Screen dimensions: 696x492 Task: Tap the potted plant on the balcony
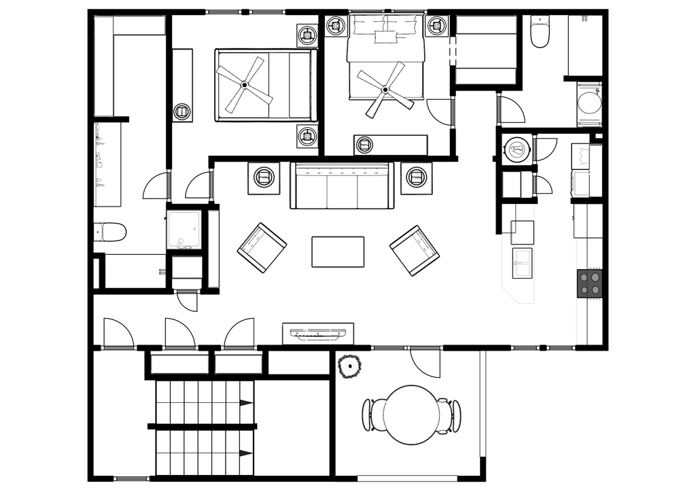(349, 367)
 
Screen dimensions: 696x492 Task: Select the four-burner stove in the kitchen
(589, 283)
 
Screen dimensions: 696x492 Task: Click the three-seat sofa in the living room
(342, 186)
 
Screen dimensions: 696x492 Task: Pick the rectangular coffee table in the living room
(338, 251)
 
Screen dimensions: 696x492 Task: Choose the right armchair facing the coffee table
(415, 250)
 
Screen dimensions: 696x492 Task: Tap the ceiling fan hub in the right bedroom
(385, 89)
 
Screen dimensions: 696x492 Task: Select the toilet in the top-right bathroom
(540, 33)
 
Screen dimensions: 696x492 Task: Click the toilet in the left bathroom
(110, 232)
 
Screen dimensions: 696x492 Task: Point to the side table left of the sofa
(264, 177)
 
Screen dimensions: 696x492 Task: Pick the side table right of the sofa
(415, 177)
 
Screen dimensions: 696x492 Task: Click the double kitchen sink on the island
(522, 263)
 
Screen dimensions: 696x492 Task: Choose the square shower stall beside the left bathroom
(184, 230)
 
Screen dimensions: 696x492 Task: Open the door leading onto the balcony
(425, 360)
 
